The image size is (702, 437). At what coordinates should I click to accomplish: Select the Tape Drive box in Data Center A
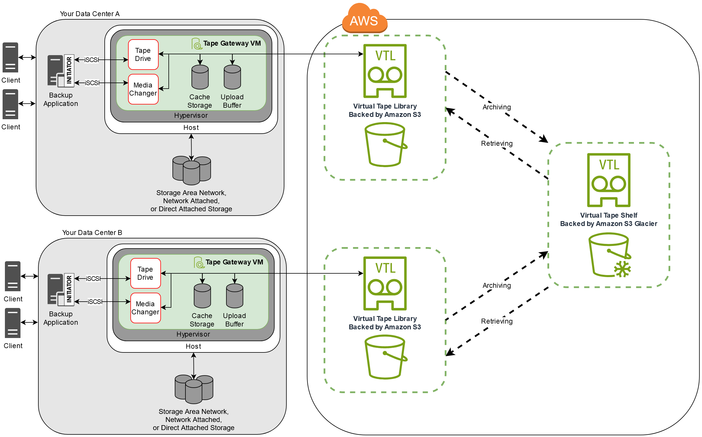tap(143, 55)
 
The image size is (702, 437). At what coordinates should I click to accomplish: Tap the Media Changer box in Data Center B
tap(146, 308)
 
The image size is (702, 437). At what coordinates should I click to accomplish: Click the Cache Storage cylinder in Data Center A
tap(200, 77)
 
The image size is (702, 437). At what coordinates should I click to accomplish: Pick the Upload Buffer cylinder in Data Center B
tap(235, 296)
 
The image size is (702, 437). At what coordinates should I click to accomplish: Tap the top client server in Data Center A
tap(10, 57)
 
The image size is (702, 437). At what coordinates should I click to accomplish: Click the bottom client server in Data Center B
tap(13, 323)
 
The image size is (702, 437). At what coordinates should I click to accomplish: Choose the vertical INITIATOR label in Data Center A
tap(69, 70)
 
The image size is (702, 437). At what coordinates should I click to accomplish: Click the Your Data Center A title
tap(89, 14)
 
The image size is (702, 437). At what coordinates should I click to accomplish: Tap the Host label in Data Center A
tap(191, 128)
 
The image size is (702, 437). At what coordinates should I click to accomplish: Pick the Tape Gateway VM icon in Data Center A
tap(197, 44)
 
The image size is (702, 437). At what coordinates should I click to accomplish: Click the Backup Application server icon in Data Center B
tap(56, 290)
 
